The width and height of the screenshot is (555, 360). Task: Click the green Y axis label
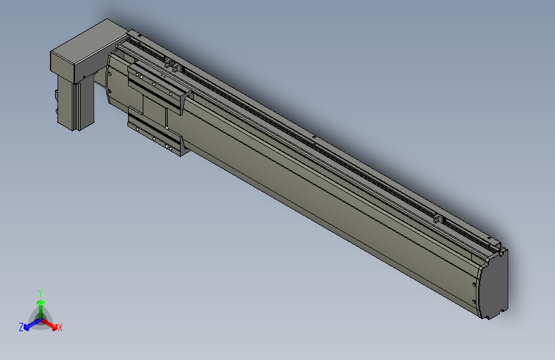click(x=40, y=293)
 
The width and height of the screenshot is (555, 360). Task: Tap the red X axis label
click(x=60, y=327)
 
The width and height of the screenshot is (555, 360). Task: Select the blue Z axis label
click(x=21, y=327)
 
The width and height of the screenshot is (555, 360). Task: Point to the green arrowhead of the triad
click(x=41, y=302)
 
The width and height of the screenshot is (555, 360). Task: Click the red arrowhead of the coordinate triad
click(x=54, y=327)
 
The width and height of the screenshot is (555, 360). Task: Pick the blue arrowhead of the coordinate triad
click(x=27, y=327)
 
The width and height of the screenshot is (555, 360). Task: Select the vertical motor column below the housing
click(x=76, y=102)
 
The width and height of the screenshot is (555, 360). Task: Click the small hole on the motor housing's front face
click(x=84, y=76)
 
